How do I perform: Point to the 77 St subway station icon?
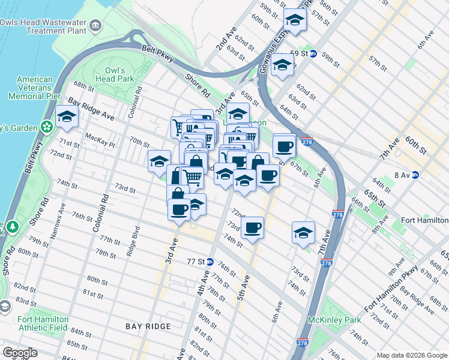(x=210, y=262)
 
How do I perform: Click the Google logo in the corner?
(x=20, y=352)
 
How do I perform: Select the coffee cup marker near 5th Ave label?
(x=253, y=228)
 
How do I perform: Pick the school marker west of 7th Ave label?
(x=304, y=233)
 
